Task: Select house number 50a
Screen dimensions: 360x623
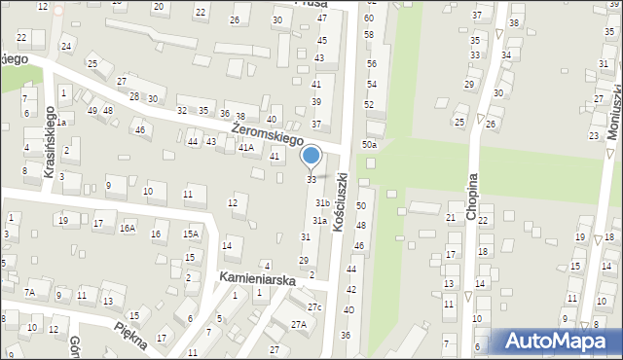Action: point(369,145)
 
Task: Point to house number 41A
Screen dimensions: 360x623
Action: point(246,148)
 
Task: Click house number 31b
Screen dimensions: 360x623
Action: point(321,202)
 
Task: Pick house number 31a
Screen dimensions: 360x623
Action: point(318,221)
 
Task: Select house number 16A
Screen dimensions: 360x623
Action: point(128,228)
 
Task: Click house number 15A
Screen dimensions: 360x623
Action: point(191,234)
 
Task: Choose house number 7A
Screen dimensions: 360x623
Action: point(30,292)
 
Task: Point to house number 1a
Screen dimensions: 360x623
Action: point(60,123)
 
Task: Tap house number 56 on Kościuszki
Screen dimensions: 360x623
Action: point(371,63)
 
